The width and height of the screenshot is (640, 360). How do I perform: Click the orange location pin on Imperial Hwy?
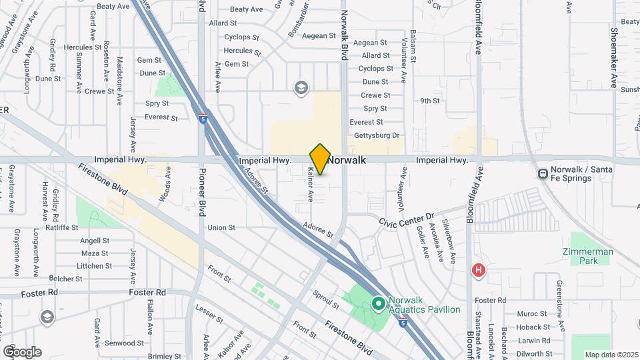320,159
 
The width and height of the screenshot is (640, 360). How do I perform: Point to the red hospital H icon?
478,270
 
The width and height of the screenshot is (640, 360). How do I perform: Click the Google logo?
22,351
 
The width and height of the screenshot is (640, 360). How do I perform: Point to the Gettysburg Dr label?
376,135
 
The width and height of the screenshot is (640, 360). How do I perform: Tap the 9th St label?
430,101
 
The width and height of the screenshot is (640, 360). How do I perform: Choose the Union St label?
221,227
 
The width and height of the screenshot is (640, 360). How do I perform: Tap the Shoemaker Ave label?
614,57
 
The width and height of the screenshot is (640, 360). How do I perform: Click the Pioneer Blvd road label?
201,192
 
